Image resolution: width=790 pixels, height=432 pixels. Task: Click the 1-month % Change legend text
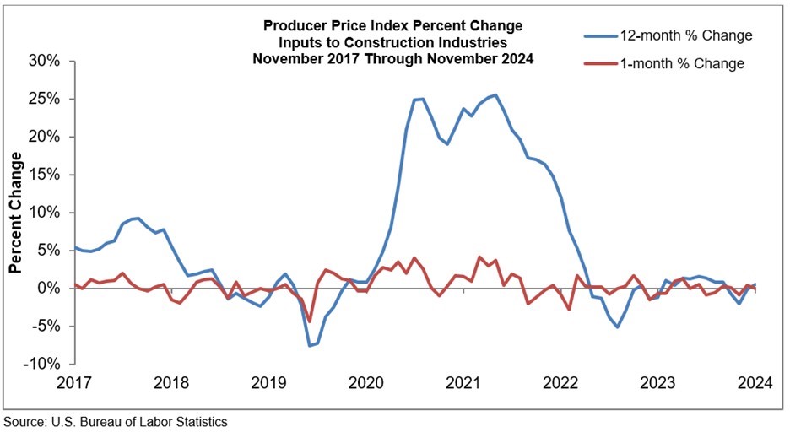pos(678,62)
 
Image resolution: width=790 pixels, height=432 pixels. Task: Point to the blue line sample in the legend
pos(601,35)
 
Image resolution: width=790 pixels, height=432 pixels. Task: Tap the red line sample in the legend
pos(601,62)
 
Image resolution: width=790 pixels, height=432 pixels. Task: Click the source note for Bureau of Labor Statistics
pos(116,420)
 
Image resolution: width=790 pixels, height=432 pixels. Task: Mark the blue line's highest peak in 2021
pos(495,95)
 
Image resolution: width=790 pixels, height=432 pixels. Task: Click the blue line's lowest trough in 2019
pos(310,345)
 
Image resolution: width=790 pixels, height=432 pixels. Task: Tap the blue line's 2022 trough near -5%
pos(617,327)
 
